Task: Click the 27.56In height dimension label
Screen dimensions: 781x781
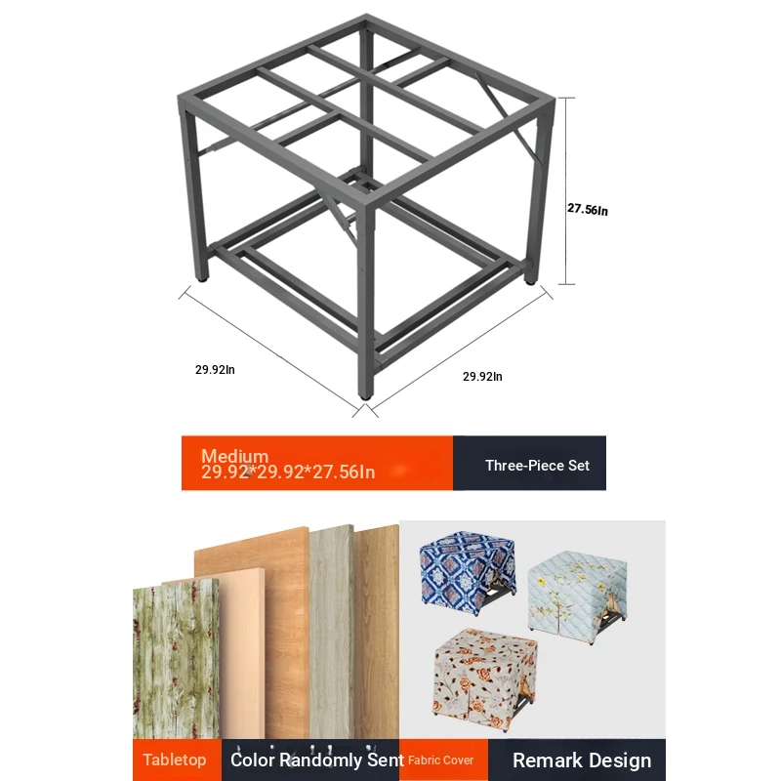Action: (588, 210)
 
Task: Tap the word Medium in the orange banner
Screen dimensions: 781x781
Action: (234, 456)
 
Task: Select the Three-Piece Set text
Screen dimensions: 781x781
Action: (537, 466)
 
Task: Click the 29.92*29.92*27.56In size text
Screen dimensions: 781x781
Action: (288, 472)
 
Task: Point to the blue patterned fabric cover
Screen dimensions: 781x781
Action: (468, 573)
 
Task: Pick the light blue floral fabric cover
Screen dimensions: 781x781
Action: (577, 596)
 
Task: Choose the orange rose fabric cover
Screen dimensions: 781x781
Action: (485, 678)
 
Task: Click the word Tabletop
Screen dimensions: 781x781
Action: (175, 760)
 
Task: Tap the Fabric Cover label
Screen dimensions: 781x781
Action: (441, 760)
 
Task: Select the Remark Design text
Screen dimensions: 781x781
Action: (582, 760)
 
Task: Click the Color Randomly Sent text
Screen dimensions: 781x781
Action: (316, 760)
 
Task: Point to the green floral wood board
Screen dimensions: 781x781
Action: (176, 660)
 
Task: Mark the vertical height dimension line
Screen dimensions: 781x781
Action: (567, 191)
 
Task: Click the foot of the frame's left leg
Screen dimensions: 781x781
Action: (202, 279)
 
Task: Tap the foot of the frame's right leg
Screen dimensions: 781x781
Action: (530, 281)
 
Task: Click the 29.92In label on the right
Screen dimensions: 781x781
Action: (482, 377)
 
